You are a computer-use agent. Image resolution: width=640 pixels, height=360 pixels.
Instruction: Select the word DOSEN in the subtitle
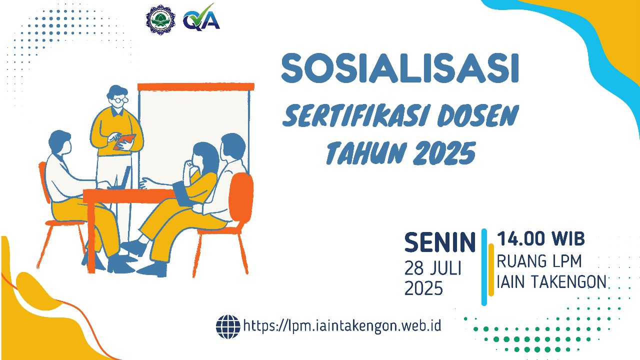click(477, 116)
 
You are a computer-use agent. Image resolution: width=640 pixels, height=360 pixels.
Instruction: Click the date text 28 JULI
click(432, 268)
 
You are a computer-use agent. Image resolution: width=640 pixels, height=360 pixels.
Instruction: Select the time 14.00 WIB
click(540, 239)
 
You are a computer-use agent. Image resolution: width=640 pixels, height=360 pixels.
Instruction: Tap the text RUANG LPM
click(539, 261)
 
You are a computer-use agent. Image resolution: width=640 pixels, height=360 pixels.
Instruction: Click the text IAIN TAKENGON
click(551, 282)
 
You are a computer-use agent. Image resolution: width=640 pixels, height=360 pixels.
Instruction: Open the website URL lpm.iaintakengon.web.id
click(342, 326)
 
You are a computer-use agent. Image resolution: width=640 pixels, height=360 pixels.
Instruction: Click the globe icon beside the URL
click(227, 326)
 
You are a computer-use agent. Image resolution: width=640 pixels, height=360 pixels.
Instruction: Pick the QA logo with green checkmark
click(201, 18)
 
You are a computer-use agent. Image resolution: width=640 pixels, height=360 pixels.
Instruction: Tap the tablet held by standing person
click(124, 141)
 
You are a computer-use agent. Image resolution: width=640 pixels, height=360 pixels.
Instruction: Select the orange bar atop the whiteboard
click(195, 86)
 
